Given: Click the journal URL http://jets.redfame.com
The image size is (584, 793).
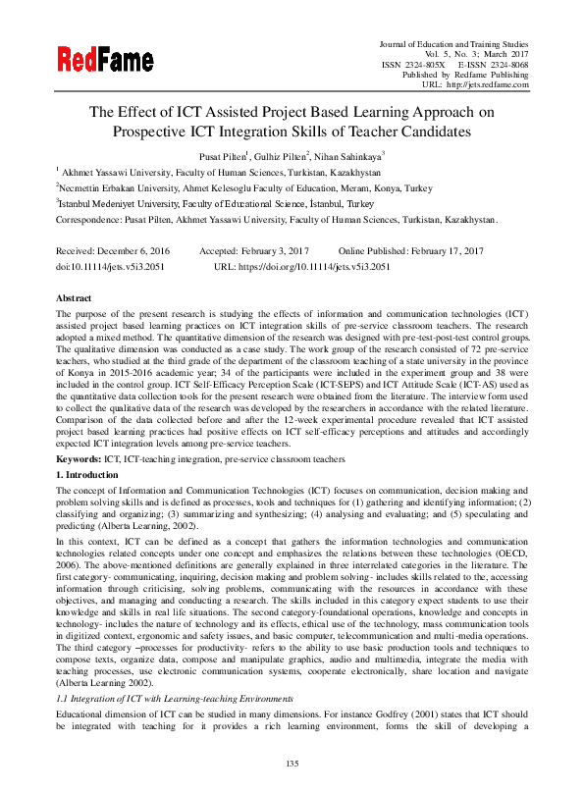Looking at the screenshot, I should [487, 85].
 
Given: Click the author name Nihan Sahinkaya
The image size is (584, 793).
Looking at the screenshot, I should [350, 155].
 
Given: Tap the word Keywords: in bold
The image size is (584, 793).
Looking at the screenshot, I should [79, 458].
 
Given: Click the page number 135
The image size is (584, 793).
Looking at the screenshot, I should [292, 763].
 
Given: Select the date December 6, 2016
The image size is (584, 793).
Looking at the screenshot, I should [133, 251].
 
